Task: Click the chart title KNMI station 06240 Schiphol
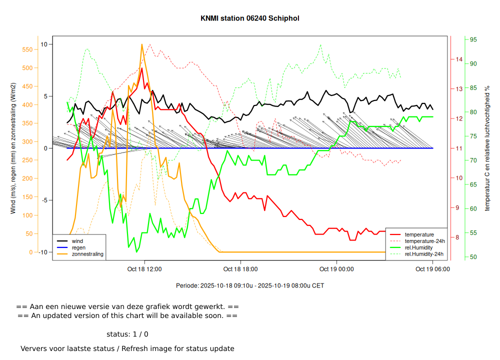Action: click(x=250, y=18)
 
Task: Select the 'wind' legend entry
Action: click(x=77, y=241)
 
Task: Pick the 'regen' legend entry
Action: click(x=79, y=247)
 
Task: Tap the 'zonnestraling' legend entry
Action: click(x=87, y=254)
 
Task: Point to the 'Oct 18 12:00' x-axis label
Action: click(x=144, y=269)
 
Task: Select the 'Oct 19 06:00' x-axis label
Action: click(x=432, y=269)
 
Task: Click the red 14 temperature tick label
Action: click(x=459, y=59)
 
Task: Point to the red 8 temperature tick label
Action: click(x=457, y=237)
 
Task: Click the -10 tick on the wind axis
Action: click(x=43, y=252)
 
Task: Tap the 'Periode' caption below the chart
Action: click(x=250, y=285)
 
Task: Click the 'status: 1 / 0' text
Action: click(x=127, y=334)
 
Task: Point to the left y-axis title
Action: click(x=13, y=148)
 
